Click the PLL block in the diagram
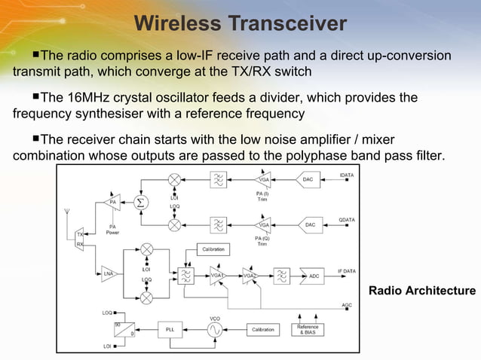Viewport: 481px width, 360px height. [x=170, y=330]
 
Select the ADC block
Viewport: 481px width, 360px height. [x=313, y=276]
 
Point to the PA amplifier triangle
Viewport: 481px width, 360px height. [x=113, y=202]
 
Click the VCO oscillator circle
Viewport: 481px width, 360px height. [x=215, y=330]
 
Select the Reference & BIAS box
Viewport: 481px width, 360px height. [x=307, y=330]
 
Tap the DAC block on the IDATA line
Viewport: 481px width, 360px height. [x=308, y=179]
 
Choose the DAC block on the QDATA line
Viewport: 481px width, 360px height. [x=308, y=224]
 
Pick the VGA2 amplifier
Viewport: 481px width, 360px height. [x=250, y=276]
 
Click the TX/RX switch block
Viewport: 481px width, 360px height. [x=80, y=239]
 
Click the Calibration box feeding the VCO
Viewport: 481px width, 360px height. [x=262, y=330]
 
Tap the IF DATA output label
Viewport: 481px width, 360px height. [x=346, y=270]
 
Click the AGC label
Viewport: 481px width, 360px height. [x=346, y=305]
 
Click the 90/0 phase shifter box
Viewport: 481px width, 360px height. [x=124, y=329]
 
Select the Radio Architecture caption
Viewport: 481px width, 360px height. [x=421, y=291]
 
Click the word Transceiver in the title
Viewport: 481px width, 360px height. [x=288, y=23]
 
